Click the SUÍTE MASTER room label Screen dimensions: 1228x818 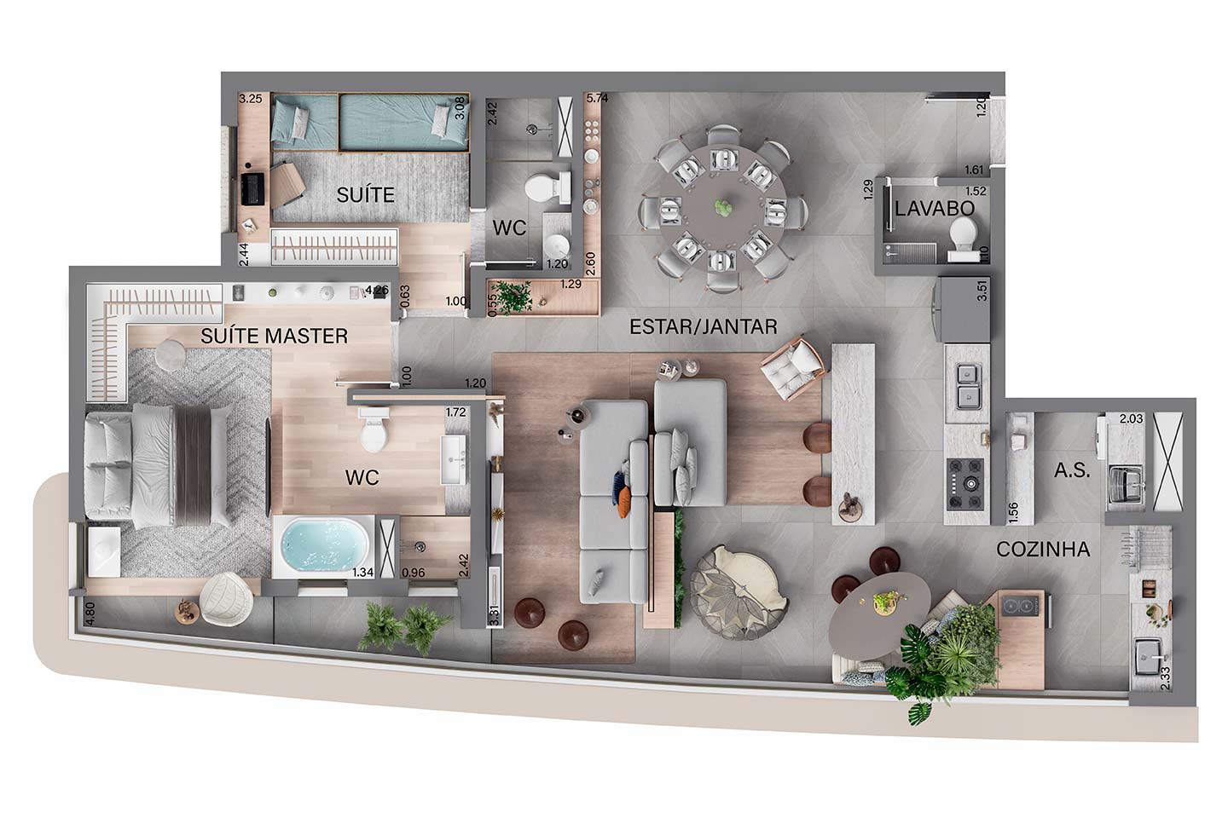[274, 336]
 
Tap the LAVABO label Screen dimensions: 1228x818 [935, 209]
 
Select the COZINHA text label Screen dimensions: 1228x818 [1043, 550]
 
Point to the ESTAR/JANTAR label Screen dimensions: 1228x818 [704, 327]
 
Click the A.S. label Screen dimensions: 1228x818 [1072, 470]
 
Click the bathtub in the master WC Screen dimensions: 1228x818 [324, 546]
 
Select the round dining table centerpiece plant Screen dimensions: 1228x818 [723, 207]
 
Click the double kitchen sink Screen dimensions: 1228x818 [968, 388]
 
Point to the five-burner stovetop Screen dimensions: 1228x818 [966, 483]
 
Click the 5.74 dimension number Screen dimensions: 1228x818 [597, 98]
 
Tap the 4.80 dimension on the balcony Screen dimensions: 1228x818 [90, 613]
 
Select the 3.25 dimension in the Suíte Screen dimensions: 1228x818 [251, 99]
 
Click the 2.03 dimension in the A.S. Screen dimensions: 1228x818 [1131, 418]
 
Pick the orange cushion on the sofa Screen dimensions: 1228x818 [624, 503]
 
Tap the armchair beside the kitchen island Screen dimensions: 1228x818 [793, 368]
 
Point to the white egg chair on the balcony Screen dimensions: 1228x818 [227, 599]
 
